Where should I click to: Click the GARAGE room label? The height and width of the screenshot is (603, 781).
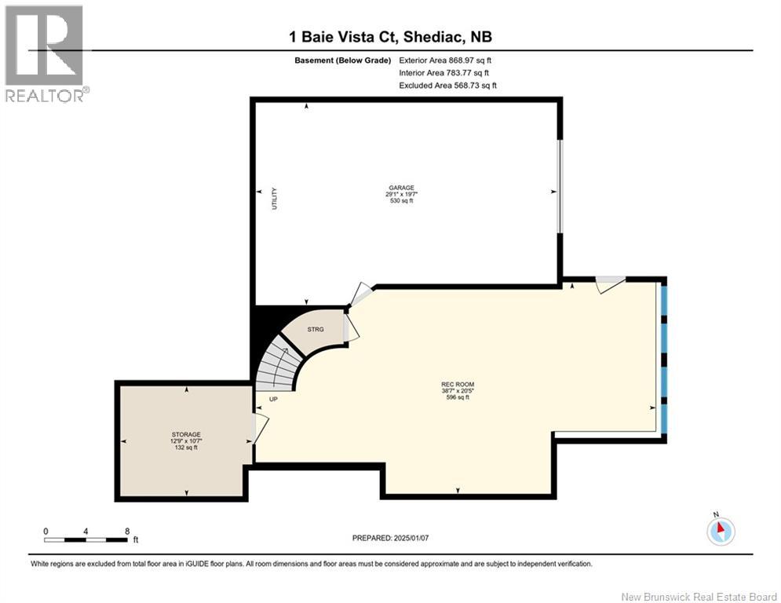click(x=400, y=188)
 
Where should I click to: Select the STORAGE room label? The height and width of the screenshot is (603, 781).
click(x=187, y=434)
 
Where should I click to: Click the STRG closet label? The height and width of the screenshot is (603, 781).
click(x=316, y=330)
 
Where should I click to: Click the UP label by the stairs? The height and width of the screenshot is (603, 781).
click(x=273, y=399)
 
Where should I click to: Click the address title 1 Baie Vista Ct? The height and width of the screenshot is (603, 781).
click(x=390, y=37)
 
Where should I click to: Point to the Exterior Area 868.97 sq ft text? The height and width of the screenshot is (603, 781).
click(x=445, y=60)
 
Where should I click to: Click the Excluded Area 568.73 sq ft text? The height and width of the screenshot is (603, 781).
click(x=447, y=86)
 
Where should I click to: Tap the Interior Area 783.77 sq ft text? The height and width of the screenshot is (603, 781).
click(x=443, y=73)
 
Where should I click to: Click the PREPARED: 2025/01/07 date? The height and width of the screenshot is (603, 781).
click(x=391, y=538)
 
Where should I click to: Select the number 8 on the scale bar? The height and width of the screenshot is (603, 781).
click(x=126, y=532)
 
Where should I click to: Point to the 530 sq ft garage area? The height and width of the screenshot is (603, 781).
click(x=400, y=201)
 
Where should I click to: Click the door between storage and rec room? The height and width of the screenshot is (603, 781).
click(x=259, y=428)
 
